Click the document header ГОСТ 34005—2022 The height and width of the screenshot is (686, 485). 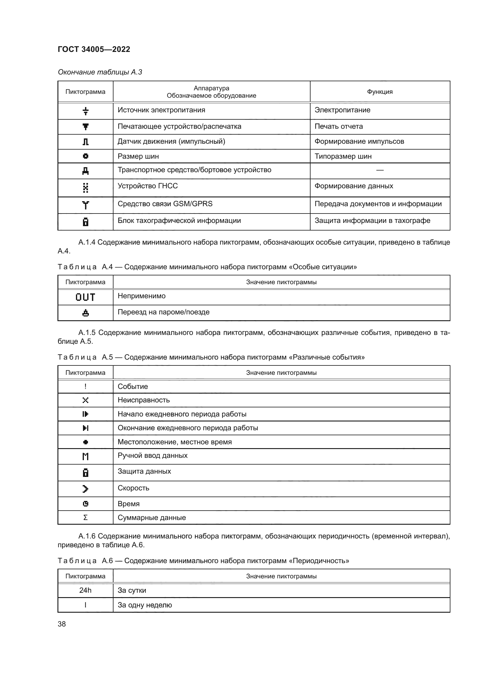pyautogui.click(x=94, y=49)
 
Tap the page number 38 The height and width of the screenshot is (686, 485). pyautogui.click(x=62, y=624)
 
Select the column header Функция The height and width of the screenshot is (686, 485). pyautogui.click(x=379, y=92)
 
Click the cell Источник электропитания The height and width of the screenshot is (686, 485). pyautogui.click(x=161, y=110)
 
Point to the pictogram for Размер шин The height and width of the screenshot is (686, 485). pyautogui.click(x=85, y=156)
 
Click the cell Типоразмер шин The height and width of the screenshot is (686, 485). pyautogui.click(x=343, y=156)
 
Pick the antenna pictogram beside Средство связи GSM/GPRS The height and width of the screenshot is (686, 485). pyautogui.click(x=85, y=205)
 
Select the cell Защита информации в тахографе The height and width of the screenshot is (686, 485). pyautogui.click(x=372, y=221)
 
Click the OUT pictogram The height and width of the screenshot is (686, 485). pyautogui.click(x=85, y=297)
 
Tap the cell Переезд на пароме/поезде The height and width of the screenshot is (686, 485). pyautogui.click(x=163, y=312)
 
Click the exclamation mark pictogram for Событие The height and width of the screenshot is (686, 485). pyautogui.click(x=85, y=386)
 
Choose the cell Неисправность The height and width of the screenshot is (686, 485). pyautogui.click(x=143, y=400)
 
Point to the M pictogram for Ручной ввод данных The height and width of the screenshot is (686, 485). pyautogui.click(x=85, y=456)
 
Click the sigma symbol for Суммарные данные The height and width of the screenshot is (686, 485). pyautogui.click(x=85, y=517)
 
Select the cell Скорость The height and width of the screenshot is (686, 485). pyautogui.click(x=133, y=488)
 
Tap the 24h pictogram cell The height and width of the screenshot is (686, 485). pyautogui.click(x=85, y=590)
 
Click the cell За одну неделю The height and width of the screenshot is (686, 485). pyautogui.click(x=145, y=605)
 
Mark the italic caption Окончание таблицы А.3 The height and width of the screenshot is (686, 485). pyautogui.click(x=100, y=72)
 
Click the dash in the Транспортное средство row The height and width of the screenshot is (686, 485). pyautogui.click(x=379, y=170)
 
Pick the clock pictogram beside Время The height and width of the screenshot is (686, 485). pyautogui.click(x=85, y=504)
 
